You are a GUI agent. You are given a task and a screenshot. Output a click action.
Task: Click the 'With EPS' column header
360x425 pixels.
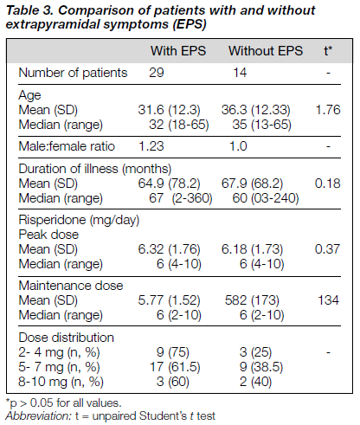point(178,51)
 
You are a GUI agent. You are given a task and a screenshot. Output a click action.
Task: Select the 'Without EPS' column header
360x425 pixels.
point(266,51)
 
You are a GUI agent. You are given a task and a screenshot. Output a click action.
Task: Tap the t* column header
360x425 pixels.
point(328,51)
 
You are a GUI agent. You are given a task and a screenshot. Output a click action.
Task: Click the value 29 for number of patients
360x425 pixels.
point(157,73)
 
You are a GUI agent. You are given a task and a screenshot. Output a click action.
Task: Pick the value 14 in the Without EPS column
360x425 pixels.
point(240,73)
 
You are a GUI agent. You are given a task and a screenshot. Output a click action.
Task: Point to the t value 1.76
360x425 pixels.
point(328,110)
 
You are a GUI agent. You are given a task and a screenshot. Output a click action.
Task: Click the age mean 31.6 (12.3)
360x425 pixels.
point(169,110)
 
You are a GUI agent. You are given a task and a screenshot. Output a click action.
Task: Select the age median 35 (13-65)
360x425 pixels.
point(262,125)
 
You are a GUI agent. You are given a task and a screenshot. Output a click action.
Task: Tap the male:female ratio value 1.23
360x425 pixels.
point(151,146)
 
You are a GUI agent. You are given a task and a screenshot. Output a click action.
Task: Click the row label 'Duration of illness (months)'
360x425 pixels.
point(95,169)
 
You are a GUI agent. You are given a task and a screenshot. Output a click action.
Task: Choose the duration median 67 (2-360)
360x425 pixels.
point(181,198)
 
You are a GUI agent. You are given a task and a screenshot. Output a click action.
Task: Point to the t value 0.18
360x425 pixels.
point(328,184)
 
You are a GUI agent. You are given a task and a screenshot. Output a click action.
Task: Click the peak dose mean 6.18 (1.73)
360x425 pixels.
point(252,249)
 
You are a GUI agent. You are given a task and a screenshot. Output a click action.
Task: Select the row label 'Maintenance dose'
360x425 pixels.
point(71,286)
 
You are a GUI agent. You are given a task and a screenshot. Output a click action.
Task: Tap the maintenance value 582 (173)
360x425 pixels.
point(252,300)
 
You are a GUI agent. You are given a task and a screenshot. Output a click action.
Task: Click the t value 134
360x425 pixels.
point(328,300)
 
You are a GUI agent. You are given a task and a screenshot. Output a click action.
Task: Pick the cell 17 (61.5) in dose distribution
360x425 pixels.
point(175,367)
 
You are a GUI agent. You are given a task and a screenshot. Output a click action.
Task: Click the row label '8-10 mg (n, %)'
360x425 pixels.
point(61,382)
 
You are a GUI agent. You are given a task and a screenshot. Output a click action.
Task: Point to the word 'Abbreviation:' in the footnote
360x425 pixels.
point(38,416)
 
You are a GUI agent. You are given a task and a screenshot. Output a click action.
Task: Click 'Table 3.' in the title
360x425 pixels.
point(30,10)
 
